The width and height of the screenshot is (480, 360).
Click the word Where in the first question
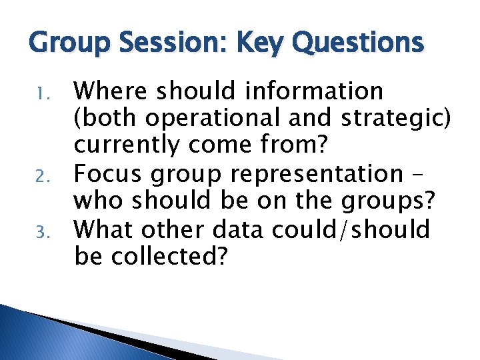[114, 91]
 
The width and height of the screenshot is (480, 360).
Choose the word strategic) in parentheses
[397, 119]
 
